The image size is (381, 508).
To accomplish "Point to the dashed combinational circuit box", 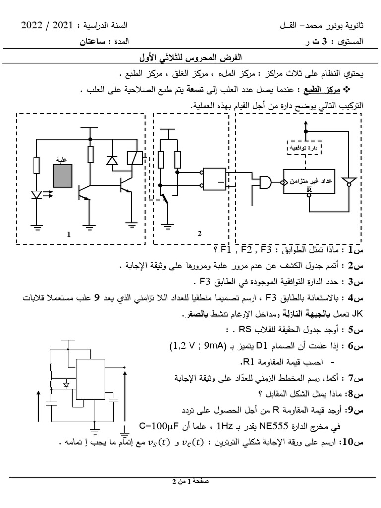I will (x=305, y=147).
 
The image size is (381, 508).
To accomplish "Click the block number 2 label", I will (x=199, y=234).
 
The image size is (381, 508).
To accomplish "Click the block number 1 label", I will (x=70, y=235).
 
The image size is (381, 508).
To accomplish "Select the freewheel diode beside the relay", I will (x=111, y=160).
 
